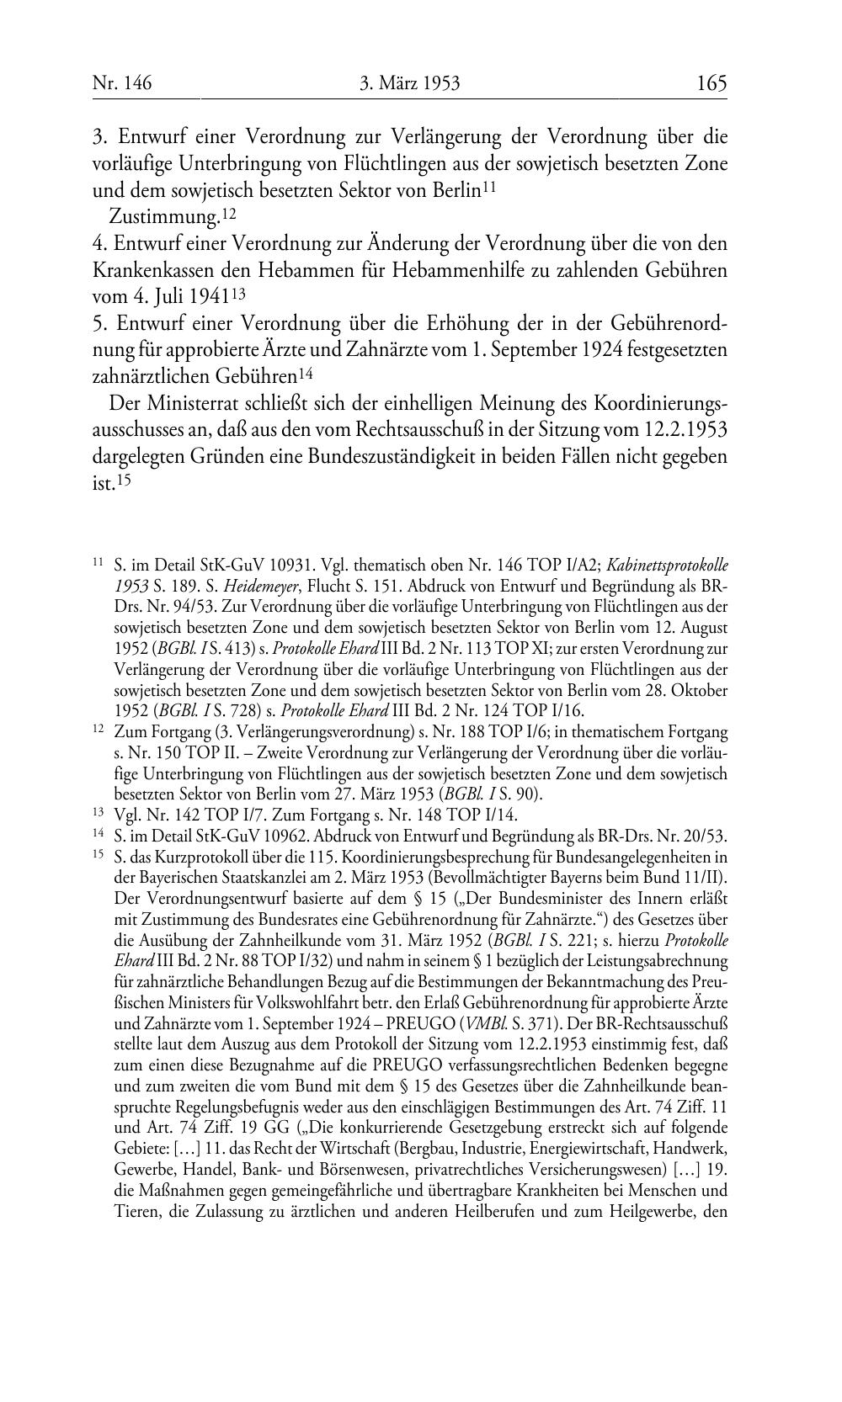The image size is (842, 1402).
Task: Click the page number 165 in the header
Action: [711, 83]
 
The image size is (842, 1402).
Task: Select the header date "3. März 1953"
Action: [410, 83]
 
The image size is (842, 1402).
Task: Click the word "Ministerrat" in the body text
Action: [195, 406]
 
